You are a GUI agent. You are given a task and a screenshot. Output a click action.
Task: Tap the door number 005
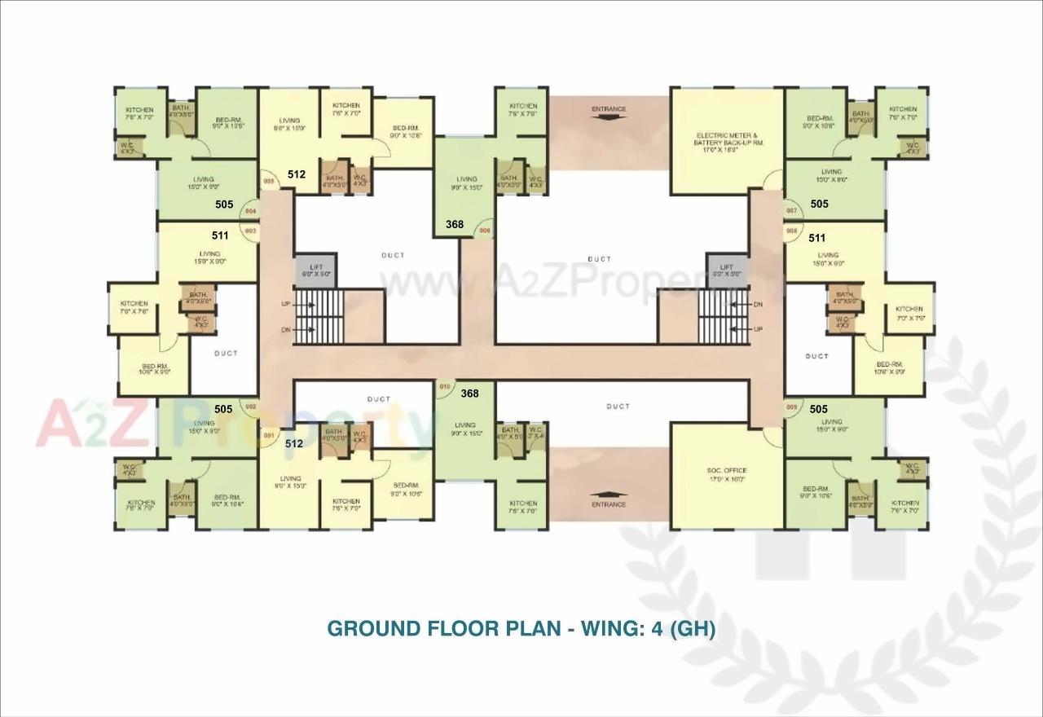(x=267, y=182)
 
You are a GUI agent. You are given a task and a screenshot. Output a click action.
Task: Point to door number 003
(x=250, y=231)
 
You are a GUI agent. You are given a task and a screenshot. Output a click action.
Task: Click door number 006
(x=484, y=231)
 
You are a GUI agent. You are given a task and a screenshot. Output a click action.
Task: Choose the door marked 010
(x=445, y=386)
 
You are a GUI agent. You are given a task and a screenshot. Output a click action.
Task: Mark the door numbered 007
(x=791, y=211)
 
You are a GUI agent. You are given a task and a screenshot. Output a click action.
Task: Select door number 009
(x=791, y=407)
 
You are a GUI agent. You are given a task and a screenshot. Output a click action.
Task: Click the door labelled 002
(x=251, y=407)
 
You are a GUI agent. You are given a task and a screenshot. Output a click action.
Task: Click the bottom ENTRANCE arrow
(x=609, y=493)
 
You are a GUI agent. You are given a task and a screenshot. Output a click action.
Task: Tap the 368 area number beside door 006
(x=455, y=224)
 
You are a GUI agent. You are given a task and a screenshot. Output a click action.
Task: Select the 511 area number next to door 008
(x=817, y=238)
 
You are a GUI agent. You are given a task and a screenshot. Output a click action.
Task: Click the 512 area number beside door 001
(x=294, y=444)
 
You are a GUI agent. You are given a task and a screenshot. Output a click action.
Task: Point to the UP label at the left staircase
(x=286, y=303)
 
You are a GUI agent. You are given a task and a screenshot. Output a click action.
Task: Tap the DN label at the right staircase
(x=758, y=304)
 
